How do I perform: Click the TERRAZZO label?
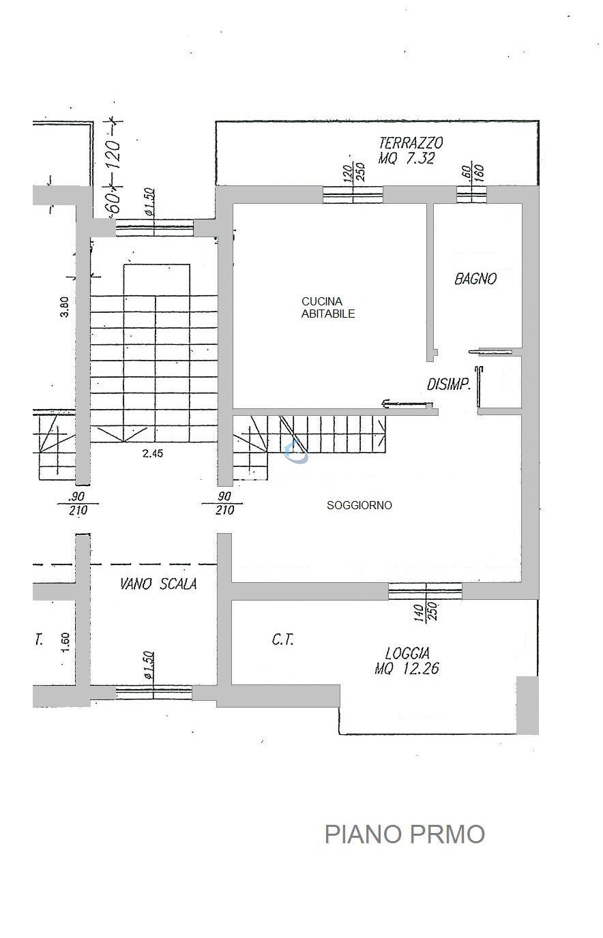tap(411, 143)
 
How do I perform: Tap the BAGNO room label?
tap(475, 278)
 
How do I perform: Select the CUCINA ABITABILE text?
tap(328, 307)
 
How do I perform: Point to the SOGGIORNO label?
tap(359, 505)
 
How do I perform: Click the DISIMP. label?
tap(448, 384)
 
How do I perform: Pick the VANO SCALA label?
tap(158, 584)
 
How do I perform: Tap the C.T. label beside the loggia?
tap(283, 640)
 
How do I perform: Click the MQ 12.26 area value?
tap(407, 669)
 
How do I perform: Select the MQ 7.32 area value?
tap(407, 159)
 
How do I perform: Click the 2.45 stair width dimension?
tap(153, 453)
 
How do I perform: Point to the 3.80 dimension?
tap(65, 307)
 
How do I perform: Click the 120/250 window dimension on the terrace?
tap(353, 172)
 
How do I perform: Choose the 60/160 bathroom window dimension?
tap(472, 172)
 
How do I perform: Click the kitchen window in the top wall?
tap(353, 195)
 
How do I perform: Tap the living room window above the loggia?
tap(426, 591)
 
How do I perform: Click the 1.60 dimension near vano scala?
tap(65, 642)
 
